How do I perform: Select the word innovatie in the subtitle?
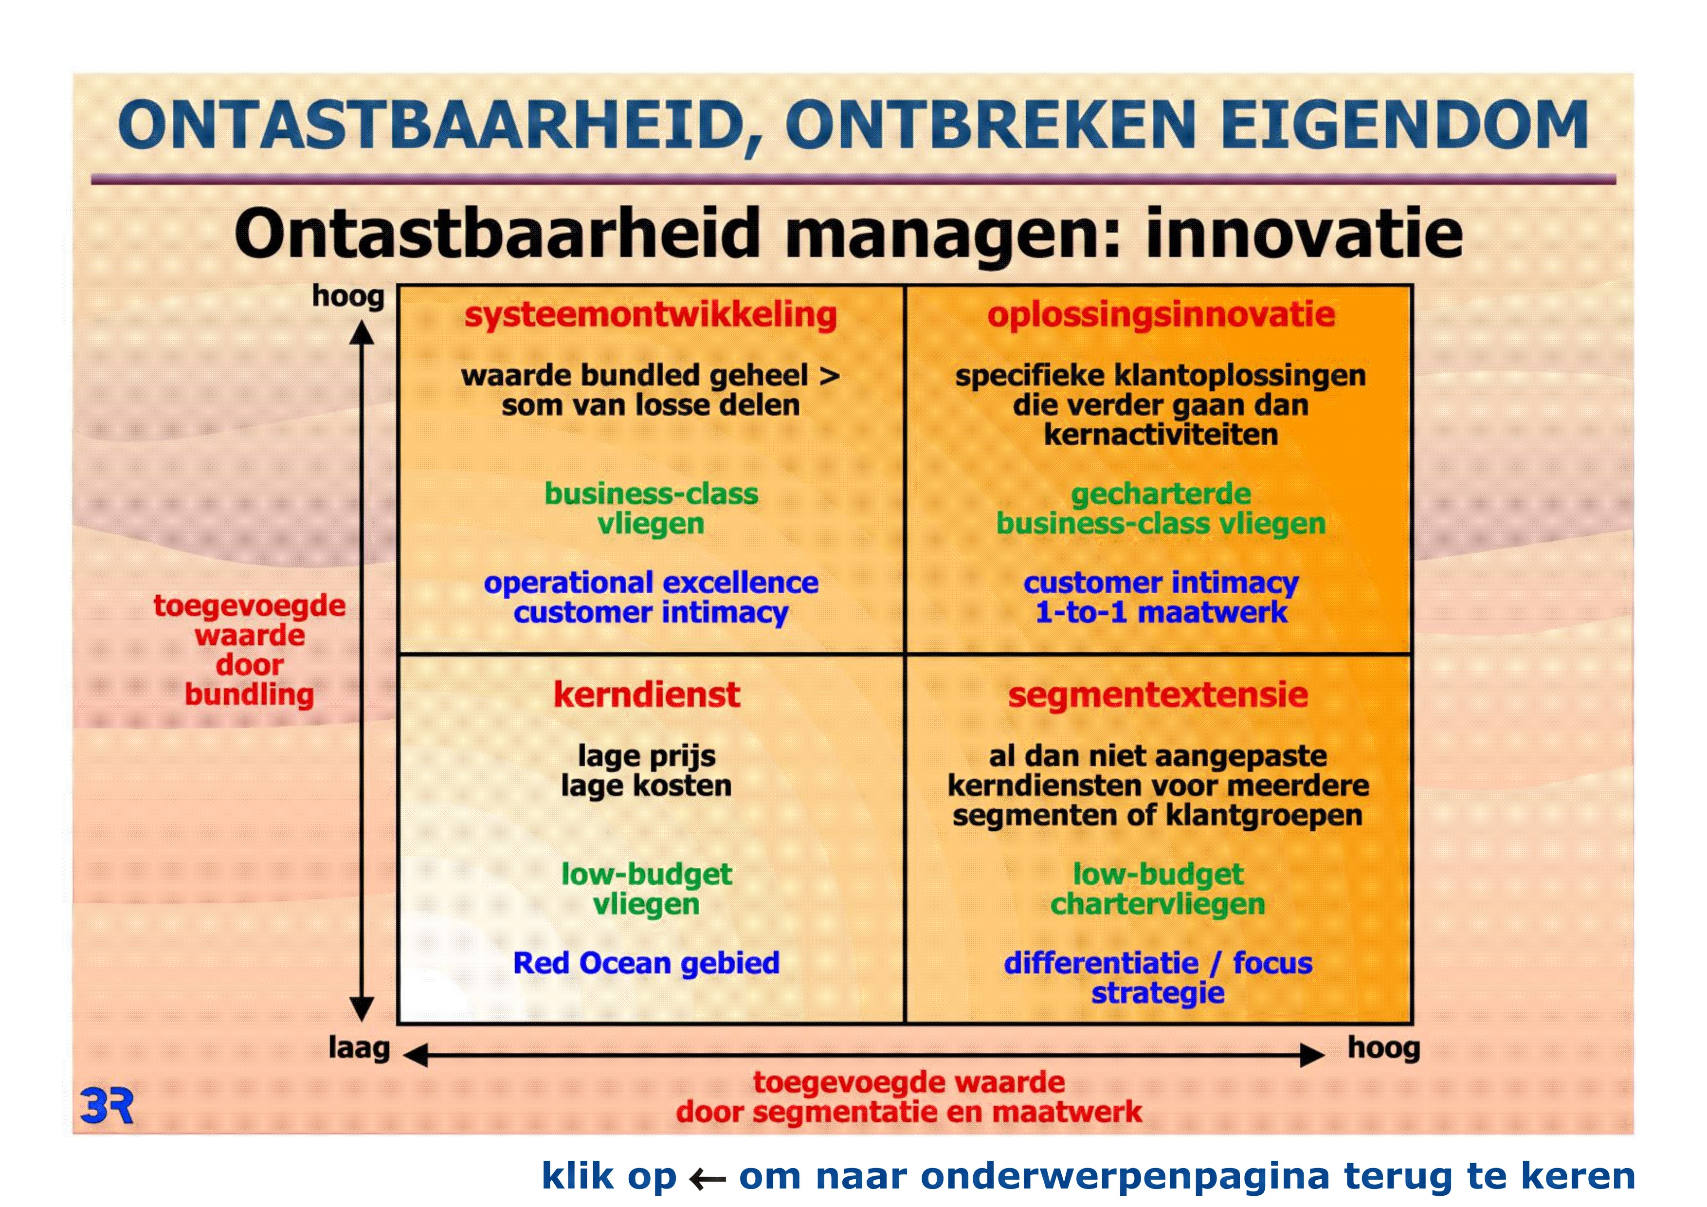[x=1304, y=232]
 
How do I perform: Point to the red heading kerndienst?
[x=647, y=695]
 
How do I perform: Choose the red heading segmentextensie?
[x=1158, y=695]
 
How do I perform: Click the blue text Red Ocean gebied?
[x=646, y=963]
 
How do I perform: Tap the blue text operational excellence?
[x=651, y=582]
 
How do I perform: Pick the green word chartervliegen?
[x=1158, y=904]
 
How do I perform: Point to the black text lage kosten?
[x=646, y=786]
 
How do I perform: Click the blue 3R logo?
[x=107, y=1106]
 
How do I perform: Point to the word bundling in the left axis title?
[x=249, y=695]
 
